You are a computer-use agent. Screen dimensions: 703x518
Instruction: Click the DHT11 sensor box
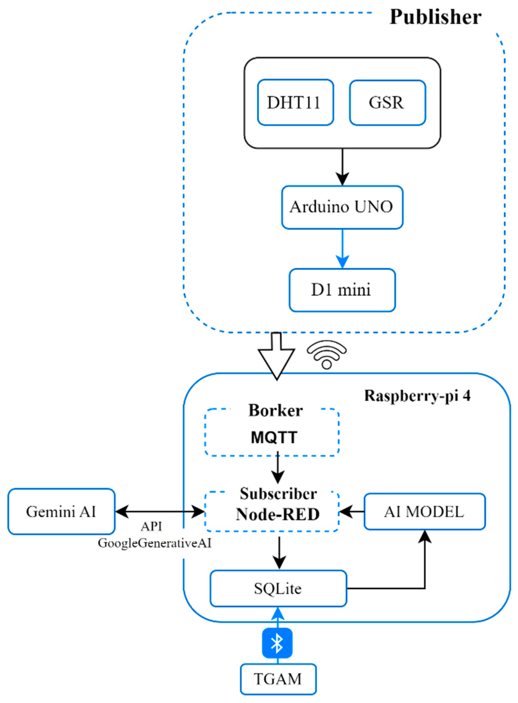coord(295,102)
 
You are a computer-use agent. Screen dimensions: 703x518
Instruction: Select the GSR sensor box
coord(387,103)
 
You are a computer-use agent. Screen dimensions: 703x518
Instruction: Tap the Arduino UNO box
coord(342,207)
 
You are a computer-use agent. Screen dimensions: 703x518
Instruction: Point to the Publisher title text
coord(435,17)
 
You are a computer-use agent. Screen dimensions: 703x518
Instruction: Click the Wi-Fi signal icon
coord(327,355)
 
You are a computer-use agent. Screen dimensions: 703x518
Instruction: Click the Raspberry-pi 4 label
coord(417,396)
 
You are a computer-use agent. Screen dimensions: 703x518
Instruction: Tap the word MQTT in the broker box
coord(274,437)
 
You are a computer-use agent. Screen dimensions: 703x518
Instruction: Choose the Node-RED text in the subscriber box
coord(277,514)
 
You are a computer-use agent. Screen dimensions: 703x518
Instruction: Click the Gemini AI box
coord(61,512)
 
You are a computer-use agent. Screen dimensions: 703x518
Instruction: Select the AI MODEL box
coord(424,512)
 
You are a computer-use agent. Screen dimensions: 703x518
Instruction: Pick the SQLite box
coord(278,589)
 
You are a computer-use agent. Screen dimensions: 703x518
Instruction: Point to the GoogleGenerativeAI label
coord(154,543)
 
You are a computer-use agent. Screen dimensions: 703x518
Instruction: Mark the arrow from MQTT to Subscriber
coord(278,468)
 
